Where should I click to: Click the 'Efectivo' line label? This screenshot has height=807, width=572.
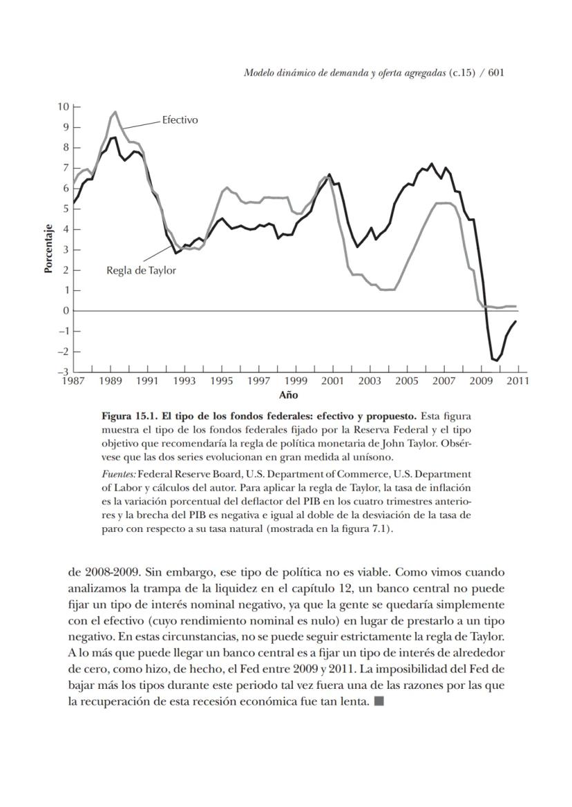tap(180, 120)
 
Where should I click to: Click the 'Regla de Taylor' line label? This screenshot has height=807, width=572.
tap(141, 270)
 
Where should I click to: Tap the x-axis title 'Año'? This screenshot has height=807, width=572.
tap(288, 395)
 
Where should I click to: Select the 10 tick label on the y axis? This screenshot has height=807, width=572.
tap(64, 107)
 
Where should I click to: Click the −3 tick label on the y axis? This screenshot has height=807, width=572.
tap(64, 372)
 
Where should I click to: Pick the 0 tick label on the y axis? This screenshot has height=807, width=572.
tap(66, 311)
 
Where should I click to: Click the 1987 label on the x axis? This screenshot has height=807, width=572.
tap(73, 381)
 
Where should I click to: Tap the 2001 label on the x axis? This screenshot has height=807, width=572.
tap(332, 381)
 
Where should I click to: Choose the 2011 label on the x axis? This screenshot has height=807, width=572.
tap(517, 381)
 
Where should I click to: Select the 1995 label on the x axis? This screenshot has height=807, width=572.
tap(221, 381)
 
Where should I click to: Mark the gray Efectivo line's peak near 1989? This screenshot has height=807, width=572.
tap(115, 112)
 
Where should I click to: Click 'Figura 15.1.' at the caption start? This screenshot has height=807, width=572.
tap(126, 417)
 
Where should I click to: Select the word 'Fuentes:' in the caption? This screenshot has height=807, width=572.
tap(118, 474)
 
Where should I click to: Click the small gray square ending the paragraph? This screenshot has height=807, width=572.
tap(379, 703)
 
